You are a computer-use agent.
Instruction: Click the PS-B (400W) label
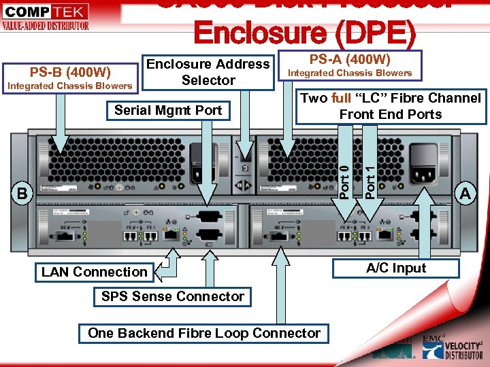tap(71, 71)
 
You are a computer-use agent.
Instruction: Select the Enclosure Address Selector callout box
tap(208, 72)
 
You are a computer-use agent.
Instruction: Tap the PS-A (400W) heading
tap(350, 59)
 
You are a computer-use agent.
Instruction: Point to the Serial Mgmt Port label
tap(169, 110)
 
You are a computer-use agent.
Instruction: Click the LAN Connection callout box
tap(94, 272)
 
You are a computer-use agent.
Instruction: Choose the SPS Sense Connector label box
tap(172, 296)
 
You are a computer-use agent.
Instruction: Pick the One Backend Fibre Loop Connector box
tap(204, 333)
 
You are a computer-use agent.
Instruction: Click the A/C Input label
tap(396, 268)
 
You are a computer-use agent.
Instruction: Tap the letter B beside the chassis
tap(22, 194)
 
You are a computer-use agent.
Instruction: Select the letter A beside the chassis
tap(465, 194)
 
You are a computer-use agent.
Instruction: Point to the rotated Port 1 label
tap(370, 175)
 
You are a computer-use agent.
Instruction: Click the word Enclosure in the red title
tap(252, 31)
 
